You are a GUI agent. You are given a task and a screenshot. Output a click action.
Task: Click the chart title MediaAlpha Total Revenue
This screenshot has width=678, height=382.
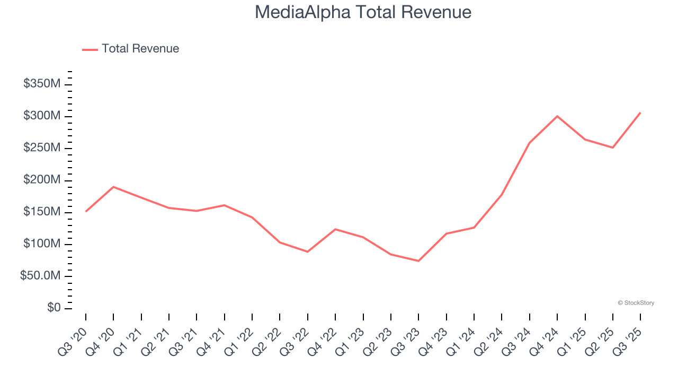point(363,12)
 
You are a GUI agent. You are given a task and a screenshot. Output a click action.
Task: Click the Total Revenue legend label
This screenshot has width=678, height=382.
point(140,49)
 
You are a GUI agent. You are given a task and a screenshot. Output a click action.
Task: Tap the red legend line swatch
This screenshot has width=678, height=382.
point(90,49)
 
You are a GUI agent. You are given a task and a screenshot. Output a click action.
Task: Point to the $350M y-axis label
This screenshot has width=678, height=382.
point(42,84)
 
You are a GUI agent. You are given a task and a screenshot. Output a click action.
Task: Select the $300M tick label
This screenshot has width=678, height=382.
point(42,116)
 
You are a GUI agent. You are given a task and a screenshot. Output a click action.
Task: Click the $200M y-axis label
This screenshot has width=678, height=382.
point(42,180)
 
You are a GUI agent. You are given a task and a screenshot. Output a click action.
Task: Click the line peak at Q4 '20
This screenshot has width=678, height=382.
point(113,187)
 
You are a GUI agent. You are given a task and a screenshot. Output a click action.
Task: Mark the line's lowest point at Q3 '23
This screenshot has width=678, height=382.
point(418,261)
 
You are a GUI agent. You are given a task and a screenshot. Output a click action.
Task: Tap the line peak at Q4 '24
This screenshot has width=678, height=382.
point(557,116)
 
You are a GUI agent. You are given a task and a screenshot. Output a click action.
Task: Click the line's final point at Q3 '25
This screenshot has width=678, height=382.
point(640,112)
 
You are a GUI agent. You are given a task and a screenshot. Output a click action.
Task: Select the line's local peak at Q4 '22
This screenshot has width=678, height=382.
point(335,229)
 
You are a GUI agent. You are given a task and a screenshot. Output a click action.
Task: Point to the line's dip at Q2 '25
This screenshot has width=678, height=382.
point(613,147)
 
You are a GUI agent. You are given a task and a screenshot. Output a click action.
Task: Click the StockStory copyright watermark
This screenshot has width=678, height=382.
point(636,303)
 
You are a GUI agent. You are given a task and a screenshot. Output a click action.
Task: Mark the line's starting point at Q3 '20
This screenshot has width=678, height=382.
point(86,211)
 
